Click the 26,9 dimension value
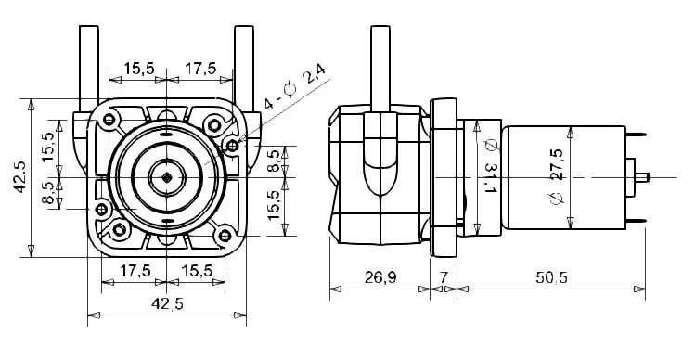click(x=380, y=277)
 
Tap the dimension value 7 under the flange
click(x=444, y=277)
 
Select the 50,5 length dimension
click(x=551, y=277)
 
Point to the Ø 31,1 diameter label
click(x=490, y=166)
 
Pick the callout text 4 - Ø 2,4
click(x=294, y=86)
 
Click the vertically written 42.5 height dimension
click(x=19, y=177)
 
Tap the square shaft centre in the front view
click(x=166, y=177)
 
